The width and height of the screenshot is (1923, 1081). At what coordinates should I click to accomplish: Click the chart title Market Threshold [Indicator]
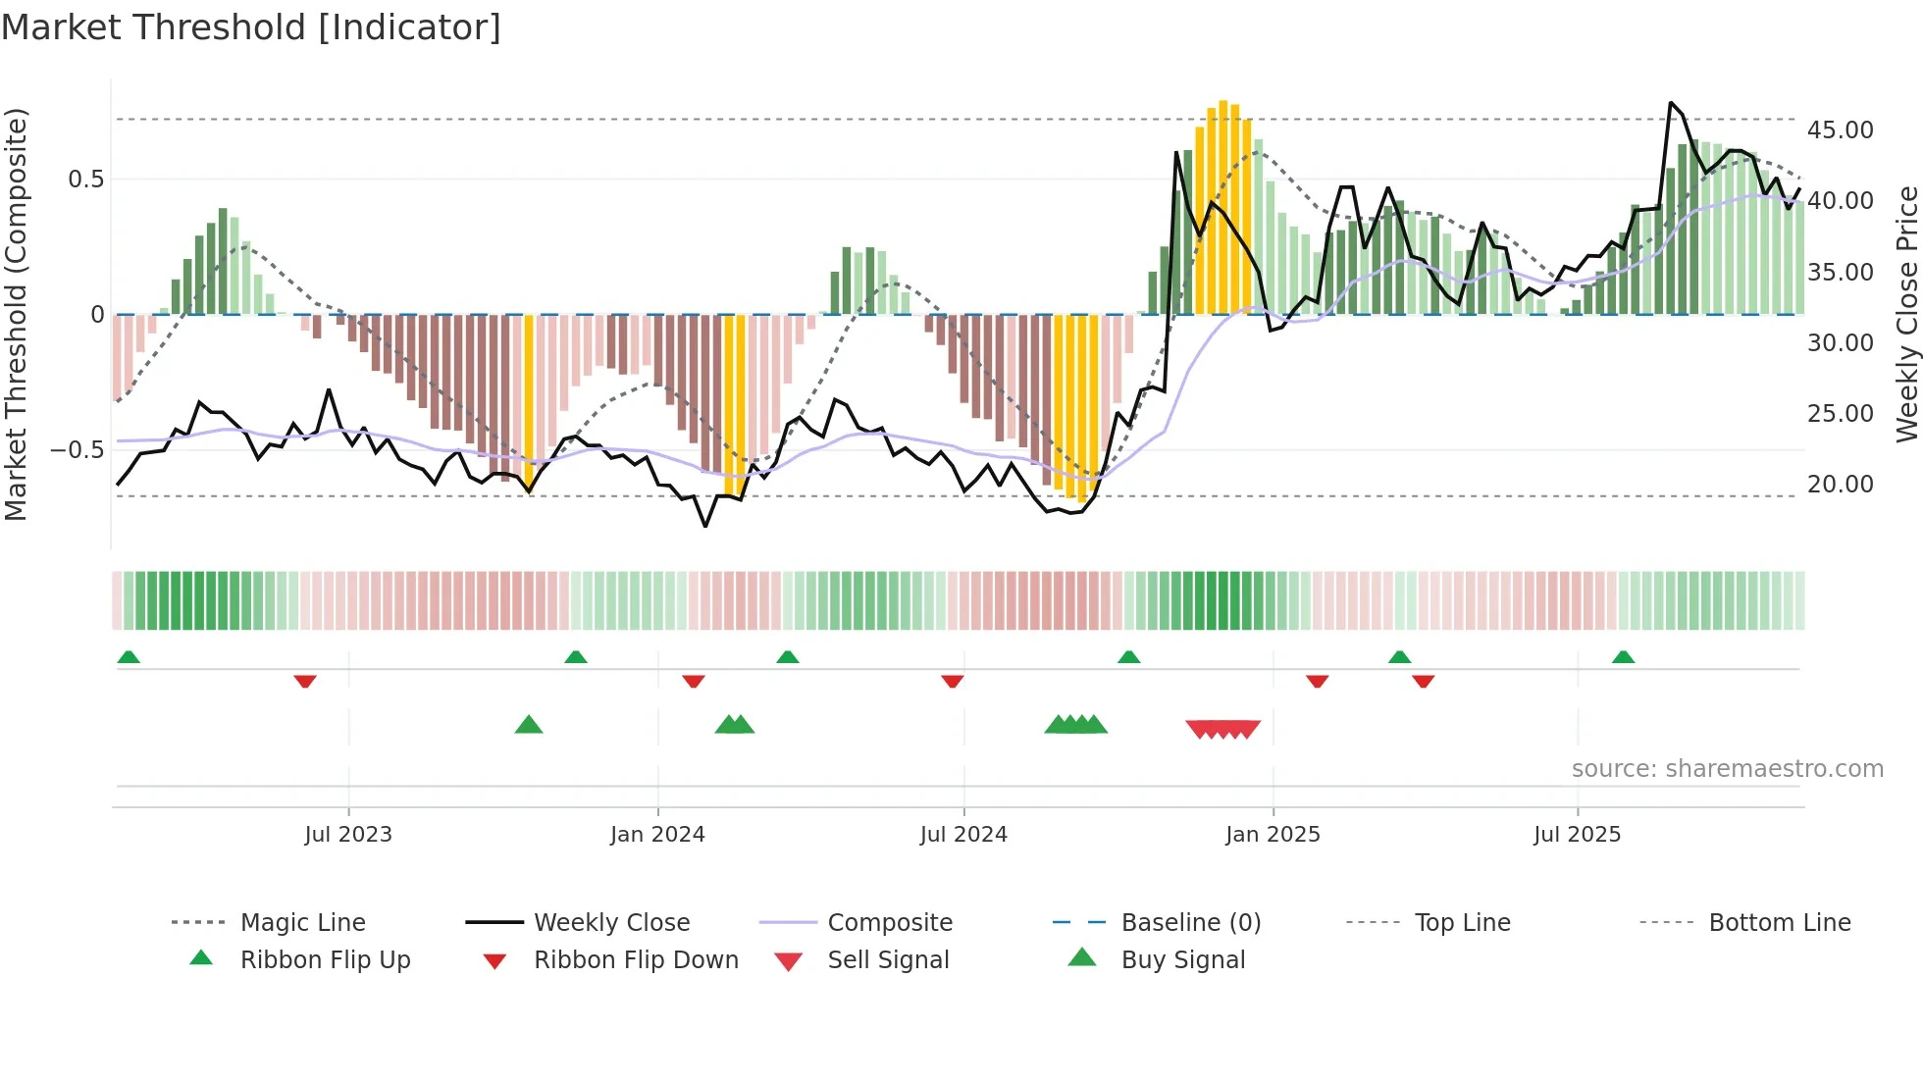click(251, 27)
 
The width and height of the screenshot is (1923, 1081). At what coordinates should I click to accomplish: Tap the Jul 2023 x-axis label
click(348, 835)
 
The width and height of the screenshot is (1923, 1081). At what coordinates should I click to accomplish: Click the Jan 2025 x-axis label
click(1273, 835)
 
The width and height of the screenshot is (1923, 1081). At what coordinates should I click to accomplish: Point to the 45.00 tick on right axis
click(1840, 130)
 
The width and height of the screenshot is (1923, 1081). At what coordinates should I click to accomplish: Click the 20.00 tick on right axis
click(1840, 485)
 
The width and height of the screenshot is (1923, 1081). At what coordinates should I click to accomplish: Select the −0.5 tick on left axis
click(77, 450)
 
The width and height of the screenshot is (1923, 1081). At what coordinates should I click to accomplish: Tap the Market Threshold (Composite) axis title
click(16, 314)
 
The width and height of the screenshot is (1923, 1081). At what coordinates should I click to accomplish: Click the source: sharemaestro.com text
click(1727, 769)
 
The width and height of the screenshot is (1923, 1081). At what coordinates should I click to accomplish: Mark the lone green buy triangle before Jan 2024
click(529, 725)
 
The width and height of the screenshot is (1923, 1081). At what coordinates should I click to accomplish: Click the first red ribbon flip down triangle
click(305, 681)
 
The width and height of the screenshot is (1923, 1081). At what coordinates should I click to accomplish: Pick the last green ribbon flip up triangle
click(1623, 657)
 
